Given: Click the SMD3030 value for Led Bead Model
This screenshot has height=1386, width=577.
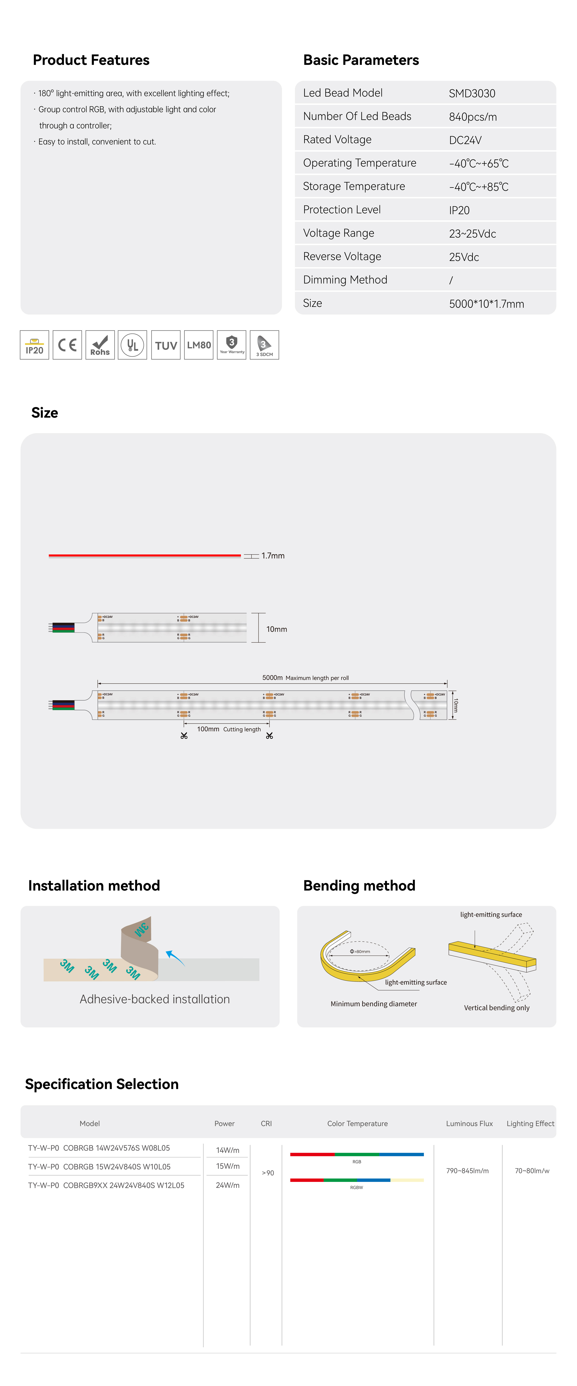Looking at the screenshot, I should coord(472,94).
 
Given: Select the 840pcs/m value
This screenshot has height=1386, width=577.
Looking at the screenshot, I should coord(473,117).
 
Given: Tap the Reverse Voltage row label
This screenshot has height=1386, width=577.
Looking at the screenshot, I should coord(342,257).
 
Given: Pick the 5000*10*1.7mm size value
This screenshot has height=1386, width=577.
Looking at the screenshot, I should coord(486,304).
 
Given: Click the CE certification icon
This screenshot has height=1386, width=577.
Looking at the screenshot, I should coord(67,345).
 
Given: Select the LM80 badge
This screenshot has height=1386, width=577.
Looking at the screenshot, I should coord(198,345).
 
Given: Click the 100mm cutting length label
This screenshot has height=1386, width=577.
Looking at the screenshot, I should coord(208,729).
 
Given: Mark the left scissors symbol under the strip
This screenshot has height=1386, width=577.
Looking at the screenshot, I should coord(184,736).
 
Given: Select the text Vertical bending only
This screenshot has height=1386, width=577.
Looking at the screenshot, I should coord(496,1008).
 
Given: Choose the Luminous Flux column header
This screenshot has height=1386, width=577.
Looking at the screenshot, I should coord(469,1124).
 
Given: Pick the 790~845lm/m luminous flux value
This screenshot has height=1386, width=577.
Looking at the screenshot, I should coord(467,1171).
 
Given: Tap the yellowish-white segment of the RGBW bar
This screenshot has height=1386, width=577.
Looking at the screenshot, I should coord(407,1180).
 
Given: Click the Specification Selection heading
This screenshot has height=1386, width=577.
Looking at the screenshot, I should coord(102,1084).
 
